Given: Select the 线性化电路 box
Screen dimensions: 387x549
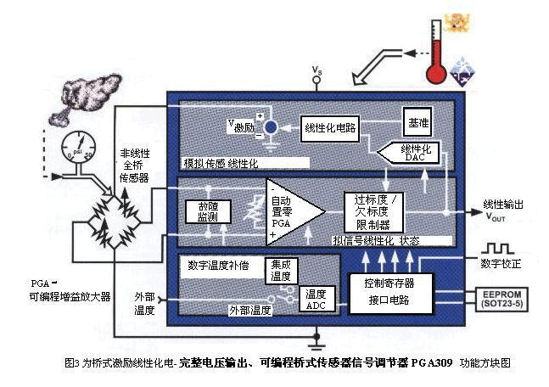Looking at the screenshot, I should pos(330,127).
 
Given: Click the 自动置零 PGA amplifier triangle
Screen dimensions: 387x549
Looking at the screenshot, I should pos(290,211).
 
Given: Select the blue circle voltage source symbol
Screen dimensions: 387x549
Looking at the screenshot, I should pos(271,127).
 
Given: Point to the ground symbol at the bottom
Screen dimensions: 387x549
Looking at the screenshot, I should pos(317,345).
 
